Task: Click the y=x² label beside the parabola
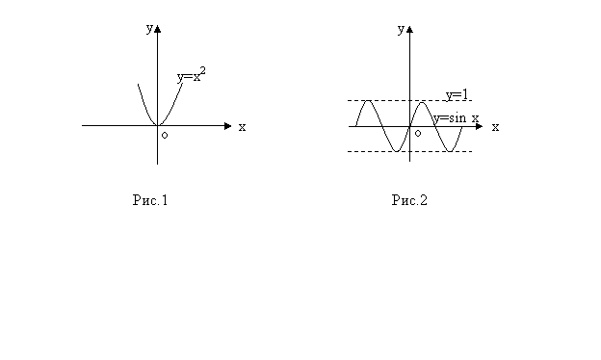192,75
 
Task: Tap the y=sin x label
457,118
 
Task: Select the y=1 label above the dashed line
457,95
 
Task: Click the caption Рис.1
150,200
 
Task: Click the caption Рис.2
409,200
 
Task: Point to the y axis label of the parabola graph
149,28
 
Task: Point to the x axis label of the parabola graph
242,127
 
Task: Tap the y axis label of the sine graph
401,29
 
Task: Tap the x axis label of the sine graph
495,127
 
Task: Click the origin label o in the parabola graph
165,135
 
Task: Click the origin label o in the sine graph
418,133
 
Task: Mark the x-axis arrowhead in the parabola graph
227,126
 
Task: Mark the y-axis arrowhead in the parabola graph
157,29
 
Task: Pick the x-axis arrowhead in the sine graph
479,126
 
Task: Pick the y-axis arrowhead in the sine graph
409,30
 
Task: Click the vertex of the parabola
157,125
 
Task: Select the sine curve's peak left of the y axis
368,101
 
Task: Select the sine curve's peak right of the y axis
422,102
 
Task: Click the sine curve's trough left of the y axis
397,151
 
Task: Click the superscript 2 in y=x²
203,71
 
